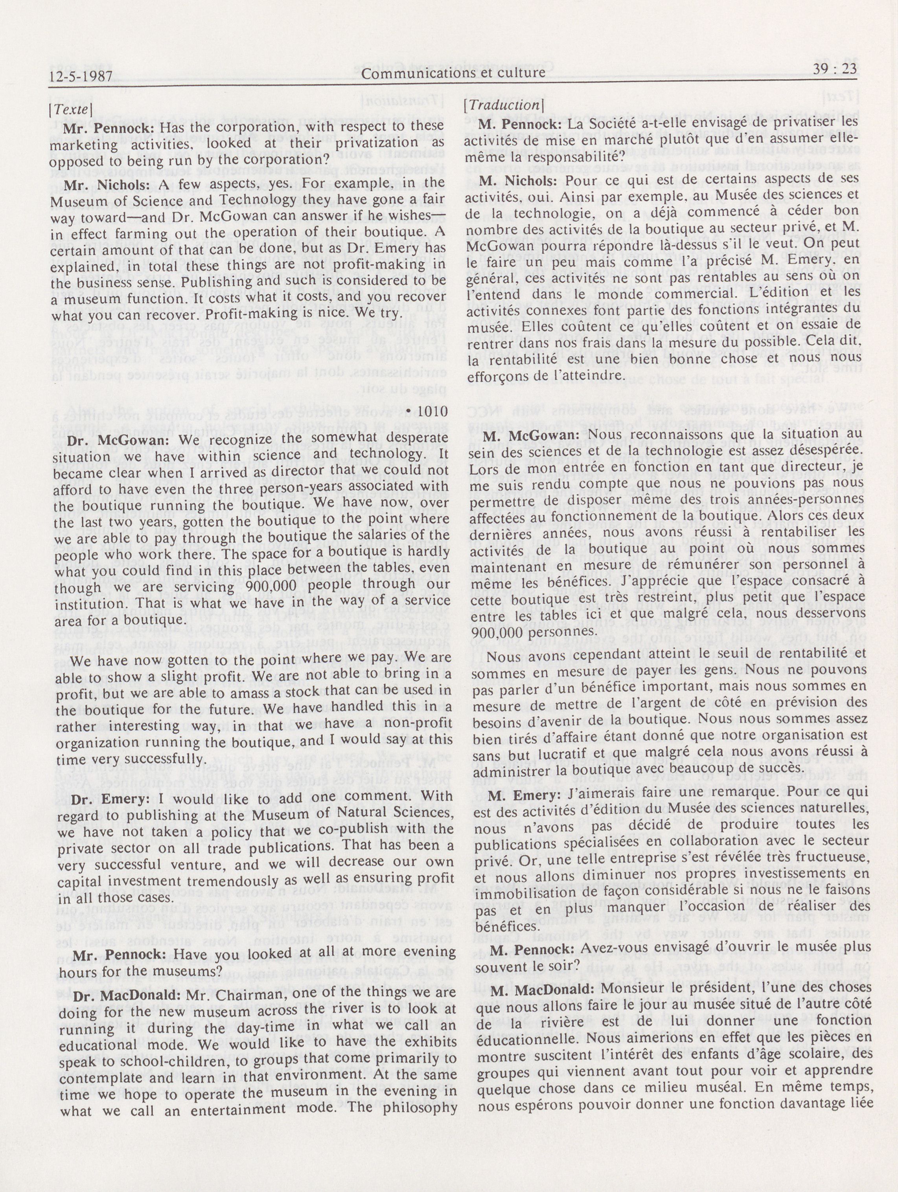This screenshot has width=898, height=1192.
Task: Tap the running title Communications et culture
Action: coord(453,72)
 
